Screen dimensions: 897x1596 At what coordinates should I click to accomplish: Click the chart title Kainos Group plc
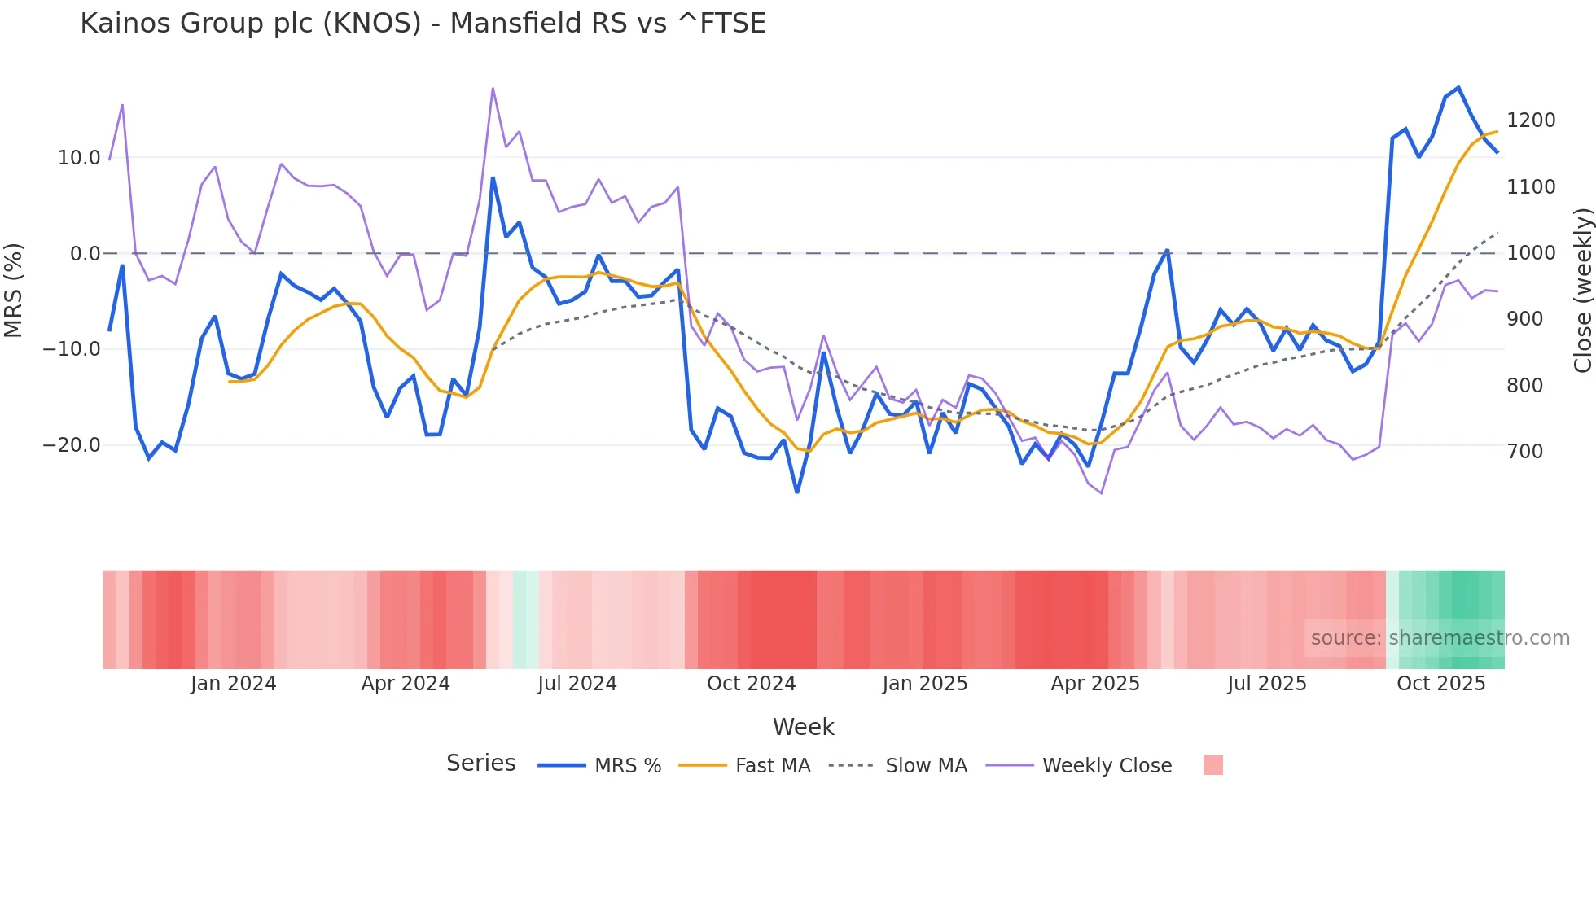(423, 24)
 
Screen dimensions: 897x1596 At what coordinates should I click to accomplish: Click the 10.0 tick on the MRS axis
(79, 158)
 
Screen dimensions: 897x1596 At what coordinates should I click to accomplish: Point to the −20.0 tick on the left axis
(72, 445)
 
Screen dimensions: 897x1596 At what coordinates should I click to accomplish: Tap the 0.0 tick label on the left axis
(85, 254)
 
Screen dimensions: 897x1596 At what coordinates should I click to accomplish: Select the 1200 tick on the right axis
(1531, 120)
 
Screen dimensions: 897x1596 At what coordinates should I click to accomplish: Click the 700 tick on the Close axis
(1524, 452)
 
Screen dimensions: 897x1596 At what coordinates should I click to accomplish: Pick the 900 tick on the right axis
(1524, 319)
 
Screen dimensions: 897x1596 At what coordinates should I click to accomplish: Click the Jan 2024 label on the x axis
(234, 684)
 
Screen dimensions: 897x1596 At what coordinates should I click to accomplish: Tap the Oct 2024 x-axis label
(751, 684)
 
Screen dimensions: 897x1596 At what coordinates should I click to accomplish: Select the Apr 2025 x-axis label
(1095, 684)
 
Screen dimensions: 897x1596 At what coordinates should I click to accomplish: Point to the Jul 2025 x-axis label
(1267, 684)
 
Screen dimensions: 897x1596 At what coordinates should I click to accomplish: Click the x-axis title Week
(803, 727)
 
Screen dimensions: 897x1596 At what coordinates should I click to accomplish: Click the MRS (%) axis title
(14, 290)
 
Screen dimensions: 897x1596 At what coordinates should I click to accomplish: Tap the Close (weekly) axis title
(1582, 290)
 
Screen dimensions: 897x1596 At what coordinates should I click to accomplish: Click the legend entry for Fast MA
(772, 766)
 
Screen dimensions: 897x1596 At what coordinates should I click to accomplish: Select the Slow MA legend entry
(926, 766)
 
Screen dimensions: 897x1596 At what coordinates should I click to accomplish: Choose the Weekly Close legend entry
(1107, 766)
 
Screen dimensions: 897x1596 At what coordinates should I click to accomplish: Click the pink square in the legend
(1212, 765)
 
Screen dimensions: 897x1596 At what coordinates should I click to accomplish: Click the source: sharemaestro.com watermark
(1440, 638)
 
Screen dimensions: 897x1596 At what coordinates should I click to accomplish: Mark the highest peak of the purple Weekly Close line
(493, 89)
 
